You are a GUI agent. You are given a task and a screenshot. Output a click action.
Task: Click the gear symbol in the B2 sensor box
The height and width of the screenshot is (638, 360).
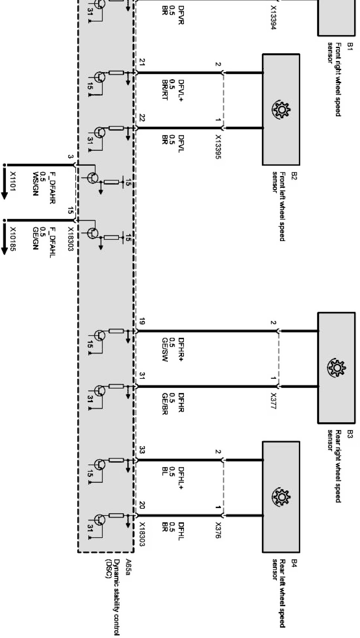click(281, 110)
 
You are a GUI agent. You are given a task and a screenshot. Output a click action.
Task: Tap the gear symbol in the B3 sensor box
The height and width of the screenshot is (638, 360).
click(336, 367)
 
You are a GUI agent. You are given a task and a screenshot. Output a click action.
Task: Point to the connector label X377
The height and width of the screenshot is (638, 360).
click(273, 401)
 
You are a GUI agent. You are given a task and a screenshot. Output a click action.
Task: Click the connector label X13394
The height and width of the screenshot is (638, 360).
click(273, 17)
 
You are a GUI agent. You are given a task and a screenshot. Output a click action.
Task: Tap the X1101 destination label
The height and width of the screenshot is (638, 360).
click(13, 182)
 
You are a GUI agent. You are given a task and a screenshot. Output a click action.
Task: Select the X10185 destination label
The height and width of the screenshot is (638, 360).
click(13, 239)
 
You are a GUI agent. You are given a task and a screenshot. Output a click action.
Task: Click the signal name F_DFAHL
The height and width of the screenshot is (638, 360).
click(52, 242)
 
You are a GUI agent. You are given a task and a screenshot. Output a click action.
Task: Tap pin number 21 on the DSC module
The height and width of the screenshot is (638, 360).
click(142, 62)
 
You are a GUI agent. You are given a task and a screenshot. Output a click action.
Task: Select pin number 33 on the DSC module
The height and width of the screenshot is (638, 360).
click(142, 450)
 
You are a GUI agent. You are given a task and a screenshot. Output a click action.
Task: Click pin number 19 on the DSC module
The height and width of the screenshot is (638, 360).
click(142, 321)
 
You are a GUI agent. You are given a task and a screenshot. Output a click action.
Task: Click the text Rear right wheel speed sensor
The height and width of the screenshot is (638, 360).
click(334, 466)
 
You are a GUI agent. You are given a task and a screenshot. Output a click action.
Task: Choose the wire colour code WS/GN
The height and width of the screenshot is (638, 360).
click(36, 183)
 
